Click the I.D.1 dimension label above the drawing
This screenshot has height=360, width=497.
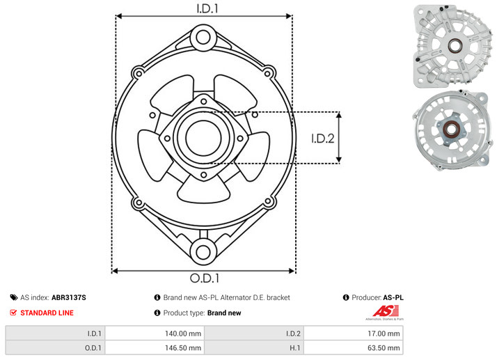pos(207,8)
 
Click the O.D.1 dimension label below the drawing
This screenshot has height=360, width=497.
pos(205,278)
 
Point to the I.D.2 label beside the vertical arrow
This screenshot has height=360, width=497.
pos(323,139)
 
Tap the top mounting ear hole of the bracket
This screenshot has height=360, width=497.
pos(203,37)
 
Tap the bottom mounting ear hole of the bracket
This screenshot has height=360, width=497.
pos(203,252)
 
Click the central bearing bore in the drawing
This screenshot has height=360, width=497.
pos(203,138)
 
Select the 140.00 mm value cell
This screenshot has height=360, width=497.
pos(155,334)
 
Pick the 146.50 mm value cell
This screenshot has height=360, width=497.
pos(155,347)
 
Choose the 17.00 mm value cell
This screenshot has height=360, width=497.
pos(353,334)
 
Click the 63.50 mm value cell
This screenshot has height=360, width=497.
pos(353,347)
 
